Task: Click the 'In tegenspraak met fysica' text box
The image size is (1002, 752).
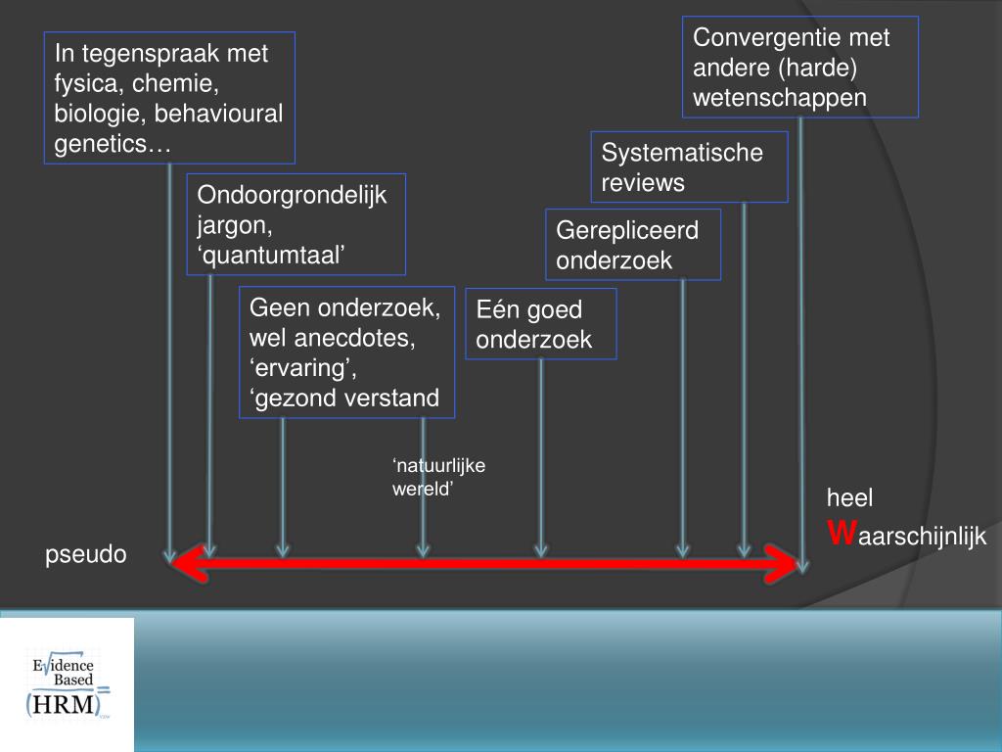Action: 169,99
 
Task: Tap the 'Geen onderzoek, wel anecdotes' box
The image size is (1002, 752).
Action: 346,352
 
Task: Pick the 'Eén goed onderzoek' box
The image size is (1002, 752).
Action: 540,324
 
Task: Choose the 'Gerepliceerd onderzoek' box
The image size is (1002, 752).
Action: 632,244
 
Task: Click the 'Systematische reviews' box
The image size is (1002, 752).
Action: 689,167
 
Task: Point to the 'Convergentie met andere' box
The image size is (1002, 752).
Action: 799,67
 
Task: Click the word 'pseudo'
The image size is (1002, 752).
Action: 86,554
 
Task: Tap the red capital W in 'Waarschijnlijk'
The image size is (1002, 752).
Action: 842,534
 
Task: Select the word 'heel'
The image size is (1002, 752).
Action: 849,497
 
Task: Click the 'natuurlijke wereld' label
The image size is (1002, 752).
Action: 438,477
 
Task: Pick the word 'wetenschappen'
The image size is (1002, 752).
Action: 780,97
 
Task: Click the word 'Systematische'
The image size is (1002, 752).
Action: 681,153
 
